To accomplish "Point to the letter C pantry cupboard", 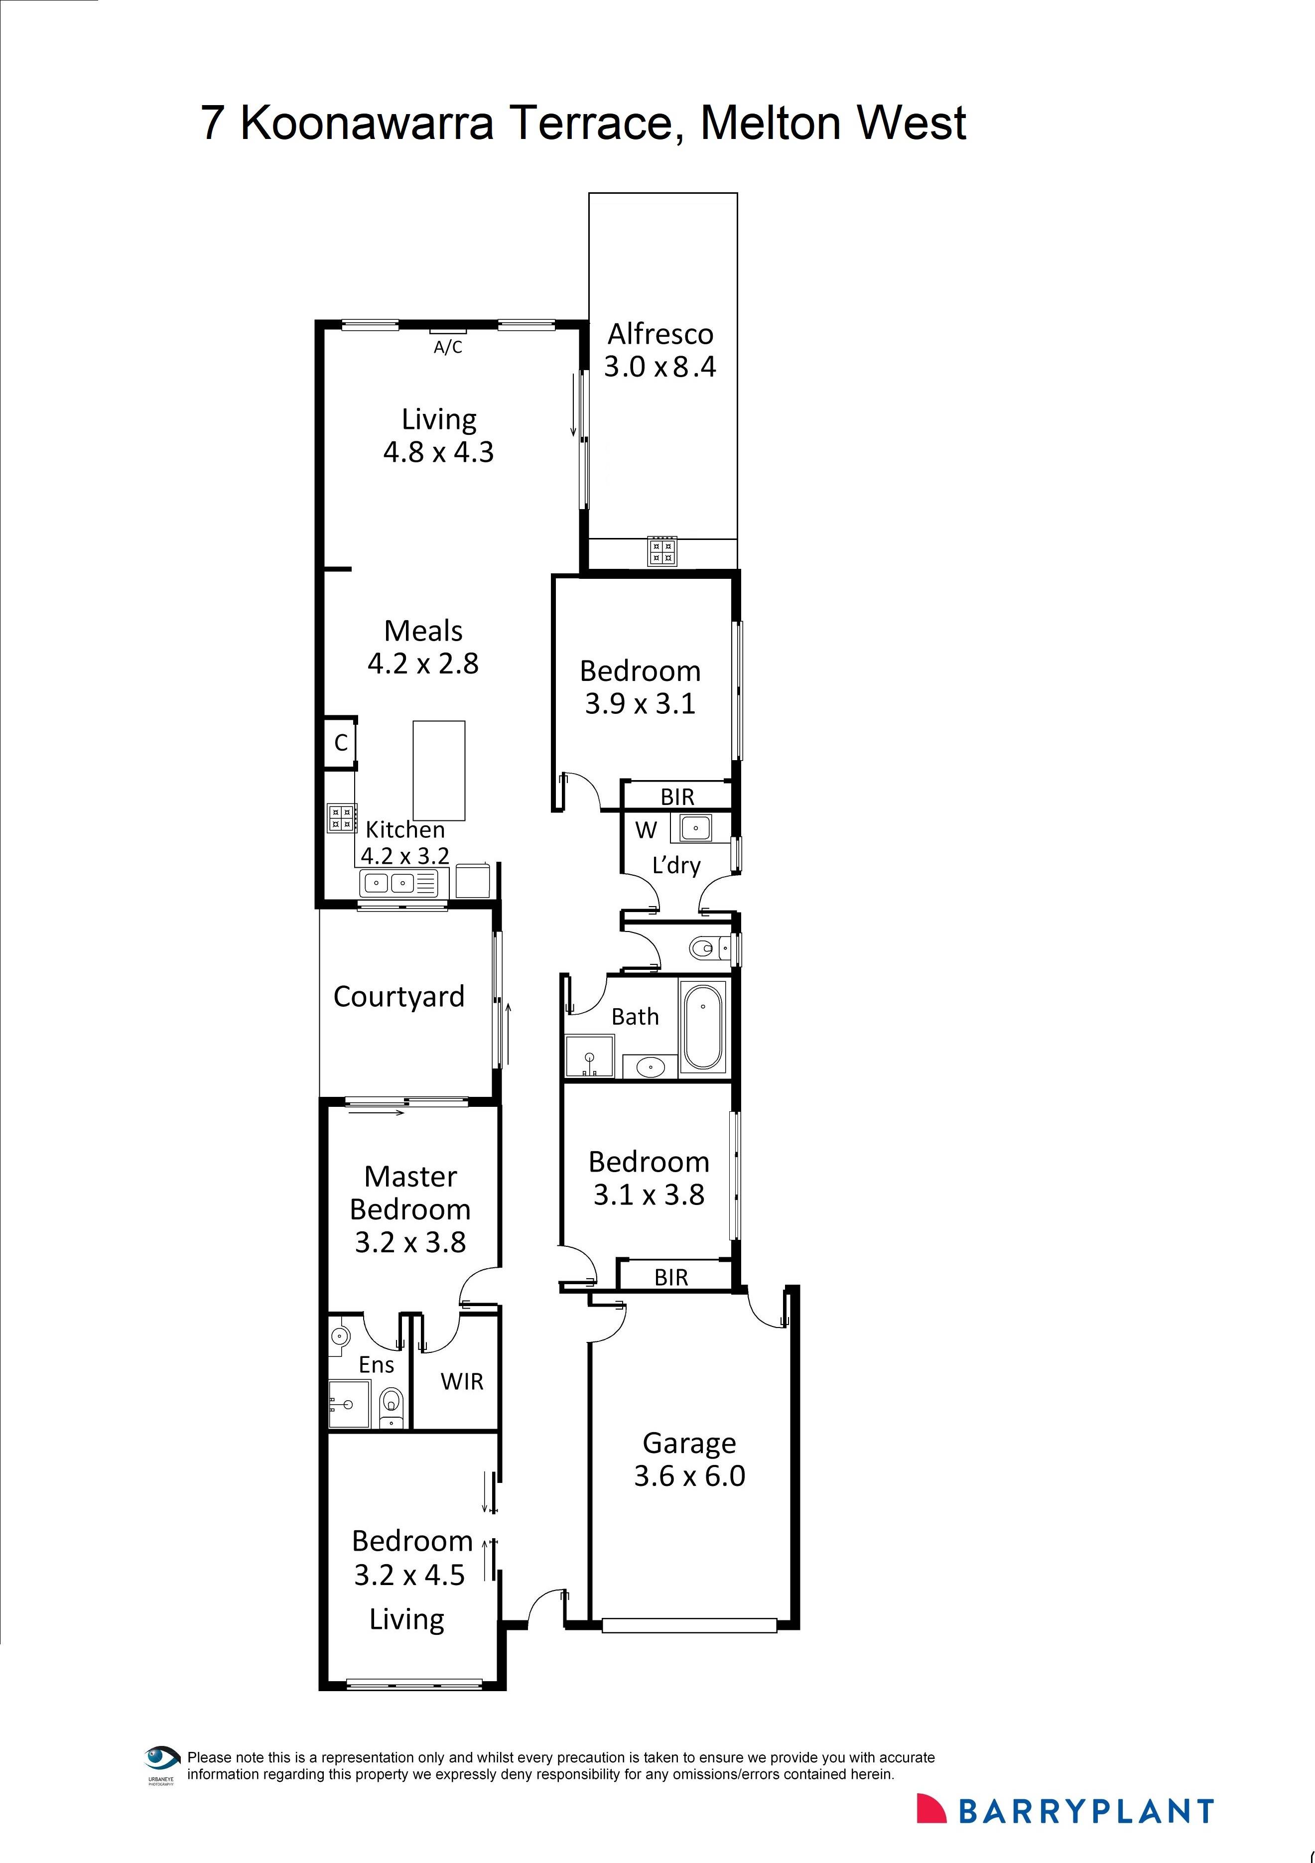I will (x=341, y=742).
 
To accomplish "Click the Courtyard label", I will (x=398, y=996).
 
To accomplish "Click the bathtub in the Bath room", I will (x=702, y=1027).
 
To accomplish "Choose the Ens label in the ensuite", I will (x=377, y=1365).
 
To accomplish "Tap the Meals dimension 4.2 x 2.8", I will (x=423, y=664).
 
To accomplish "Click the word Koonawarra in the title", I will (x=367, y=124).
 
